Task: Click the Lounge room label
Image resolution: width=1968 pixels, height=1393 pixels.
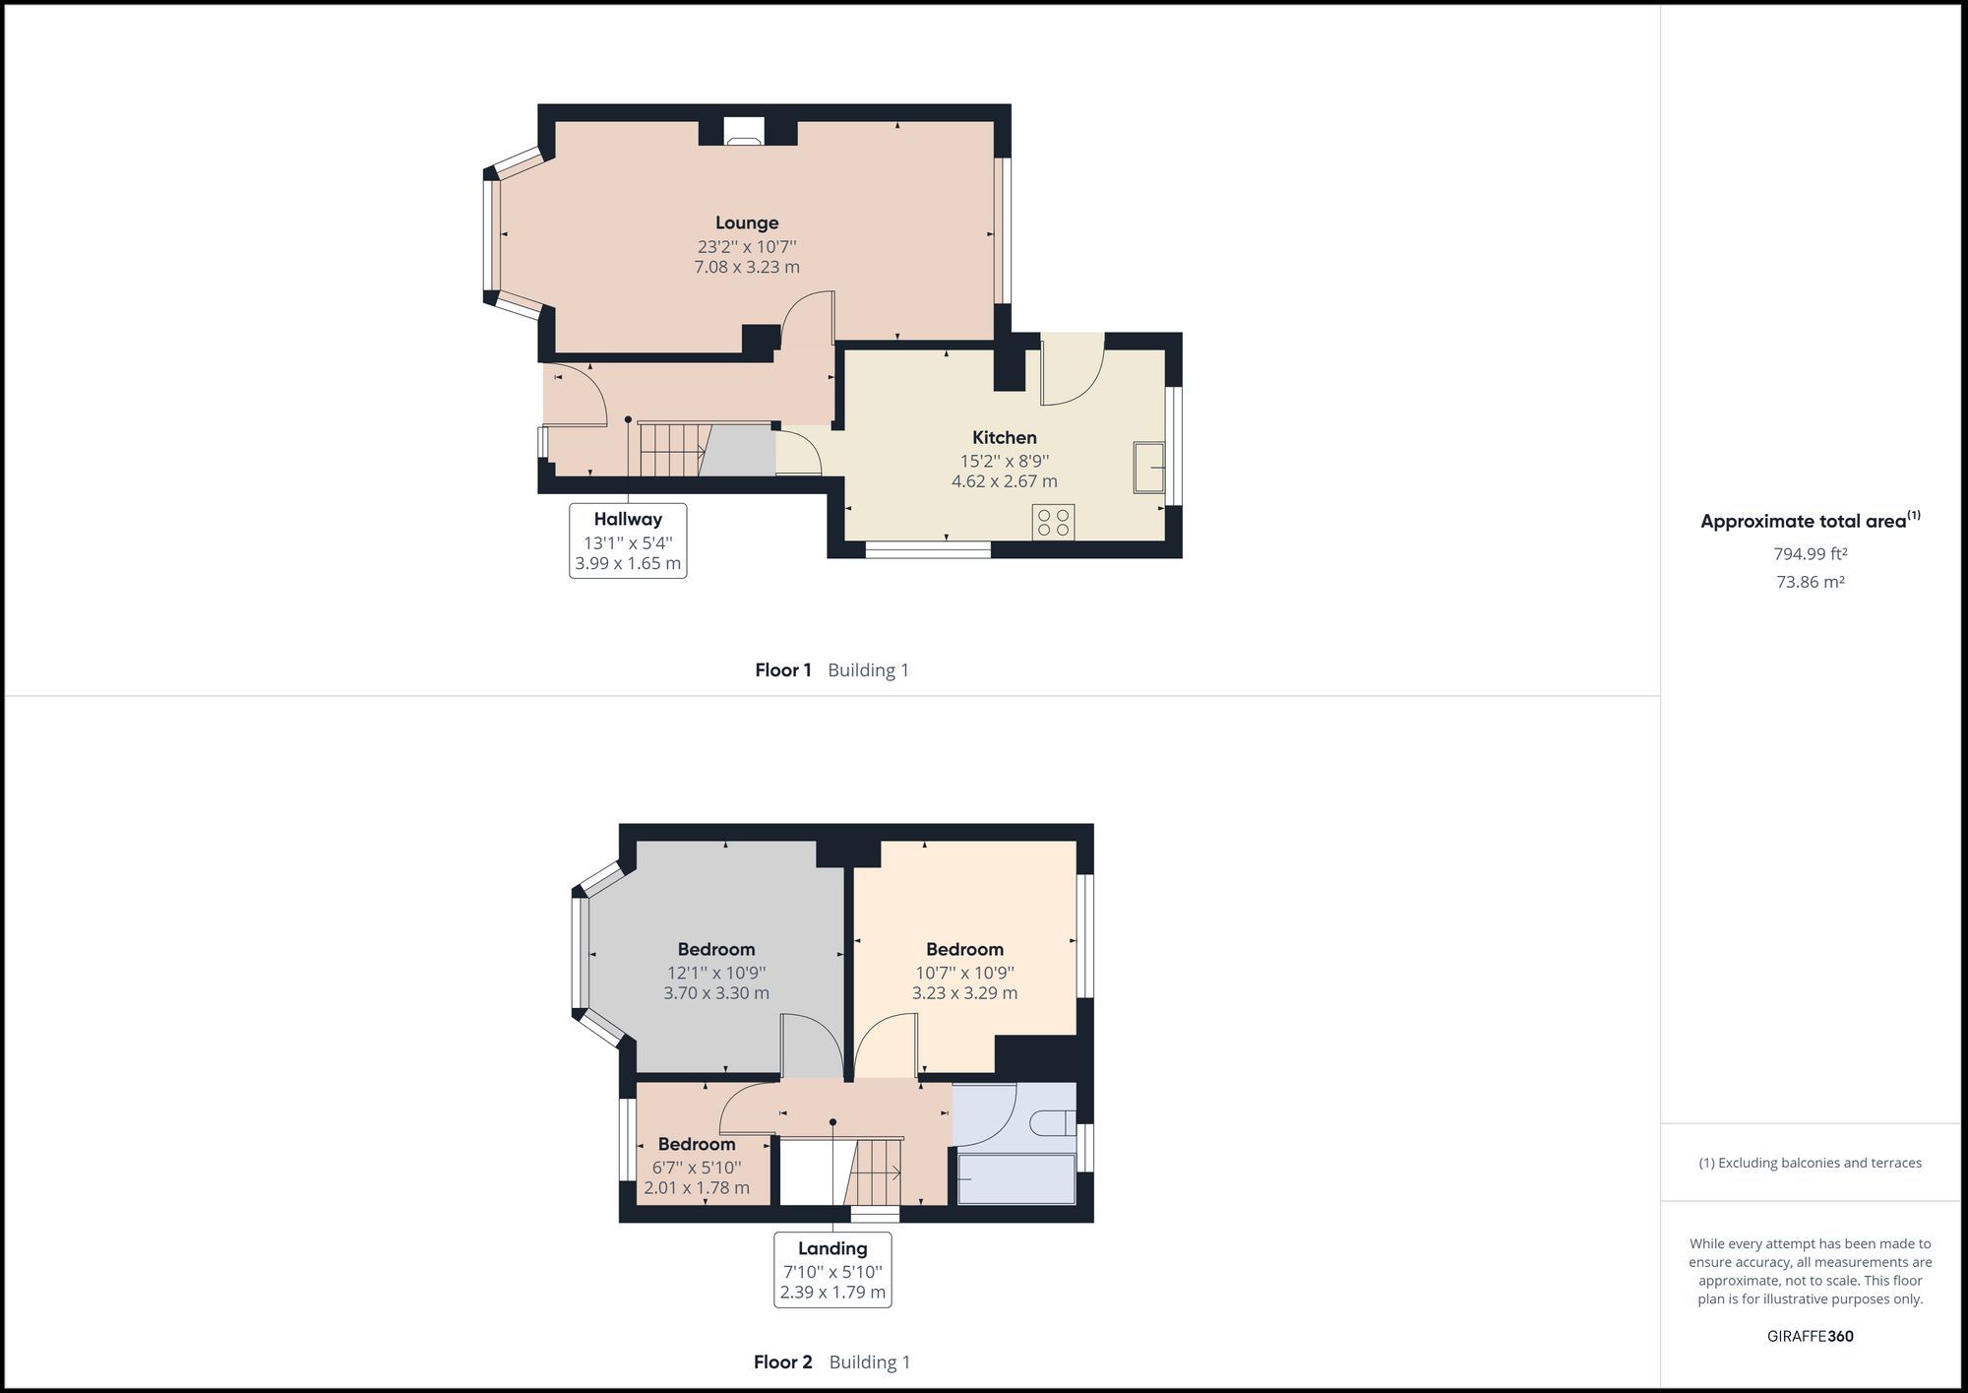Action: [747, 223]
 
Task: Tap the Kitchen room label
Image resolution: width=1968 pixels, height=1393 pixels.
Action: [1004, 438]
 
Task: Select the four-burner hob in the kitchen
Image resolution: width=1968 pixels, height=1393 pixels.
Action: [1053, 522]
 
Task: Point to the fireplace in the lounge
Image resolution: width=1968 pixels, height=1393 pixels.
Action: [743, 132]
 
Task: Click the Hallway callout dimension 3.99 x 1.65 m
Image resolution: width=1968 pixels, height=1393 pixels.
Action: [628, 564]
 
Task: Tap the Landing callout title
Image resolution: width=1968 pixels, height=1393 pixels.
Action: [832, 1248]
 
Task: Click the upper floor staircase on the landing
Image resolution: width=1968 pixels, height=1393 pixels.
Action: [876, 1171]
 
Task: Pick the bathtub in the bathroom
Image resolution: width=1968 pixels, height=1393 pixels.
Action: [1016, 1179]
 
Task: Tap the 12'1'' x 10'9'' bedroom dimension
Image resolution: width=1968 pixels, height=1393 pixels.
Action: [716, 972]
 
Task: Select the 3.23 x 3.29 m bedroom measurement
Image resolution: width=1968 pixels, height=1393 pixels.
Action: [964, 993]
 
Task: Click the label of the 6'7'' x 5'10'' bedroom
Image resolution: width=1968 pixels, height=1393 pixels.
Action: [697, 1144]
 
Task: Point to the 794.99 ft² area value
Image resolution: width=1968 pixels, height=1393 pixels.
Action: [1810, 554]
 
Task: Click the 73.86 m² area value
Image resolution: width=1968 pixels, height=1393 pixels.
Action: [1810, 582]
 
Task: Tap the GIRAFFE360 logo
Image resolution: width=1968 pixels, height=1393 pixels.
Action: [1810, 1336]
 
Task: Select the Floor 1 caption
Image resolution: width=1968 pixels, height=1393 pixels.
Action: [783, 670]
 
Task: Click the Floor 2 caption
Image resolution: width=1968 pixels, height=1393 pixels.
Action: [783, 1362]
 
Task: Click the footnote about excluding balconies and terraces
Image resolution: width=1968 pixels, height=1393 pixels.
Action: [1810, 1163]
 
